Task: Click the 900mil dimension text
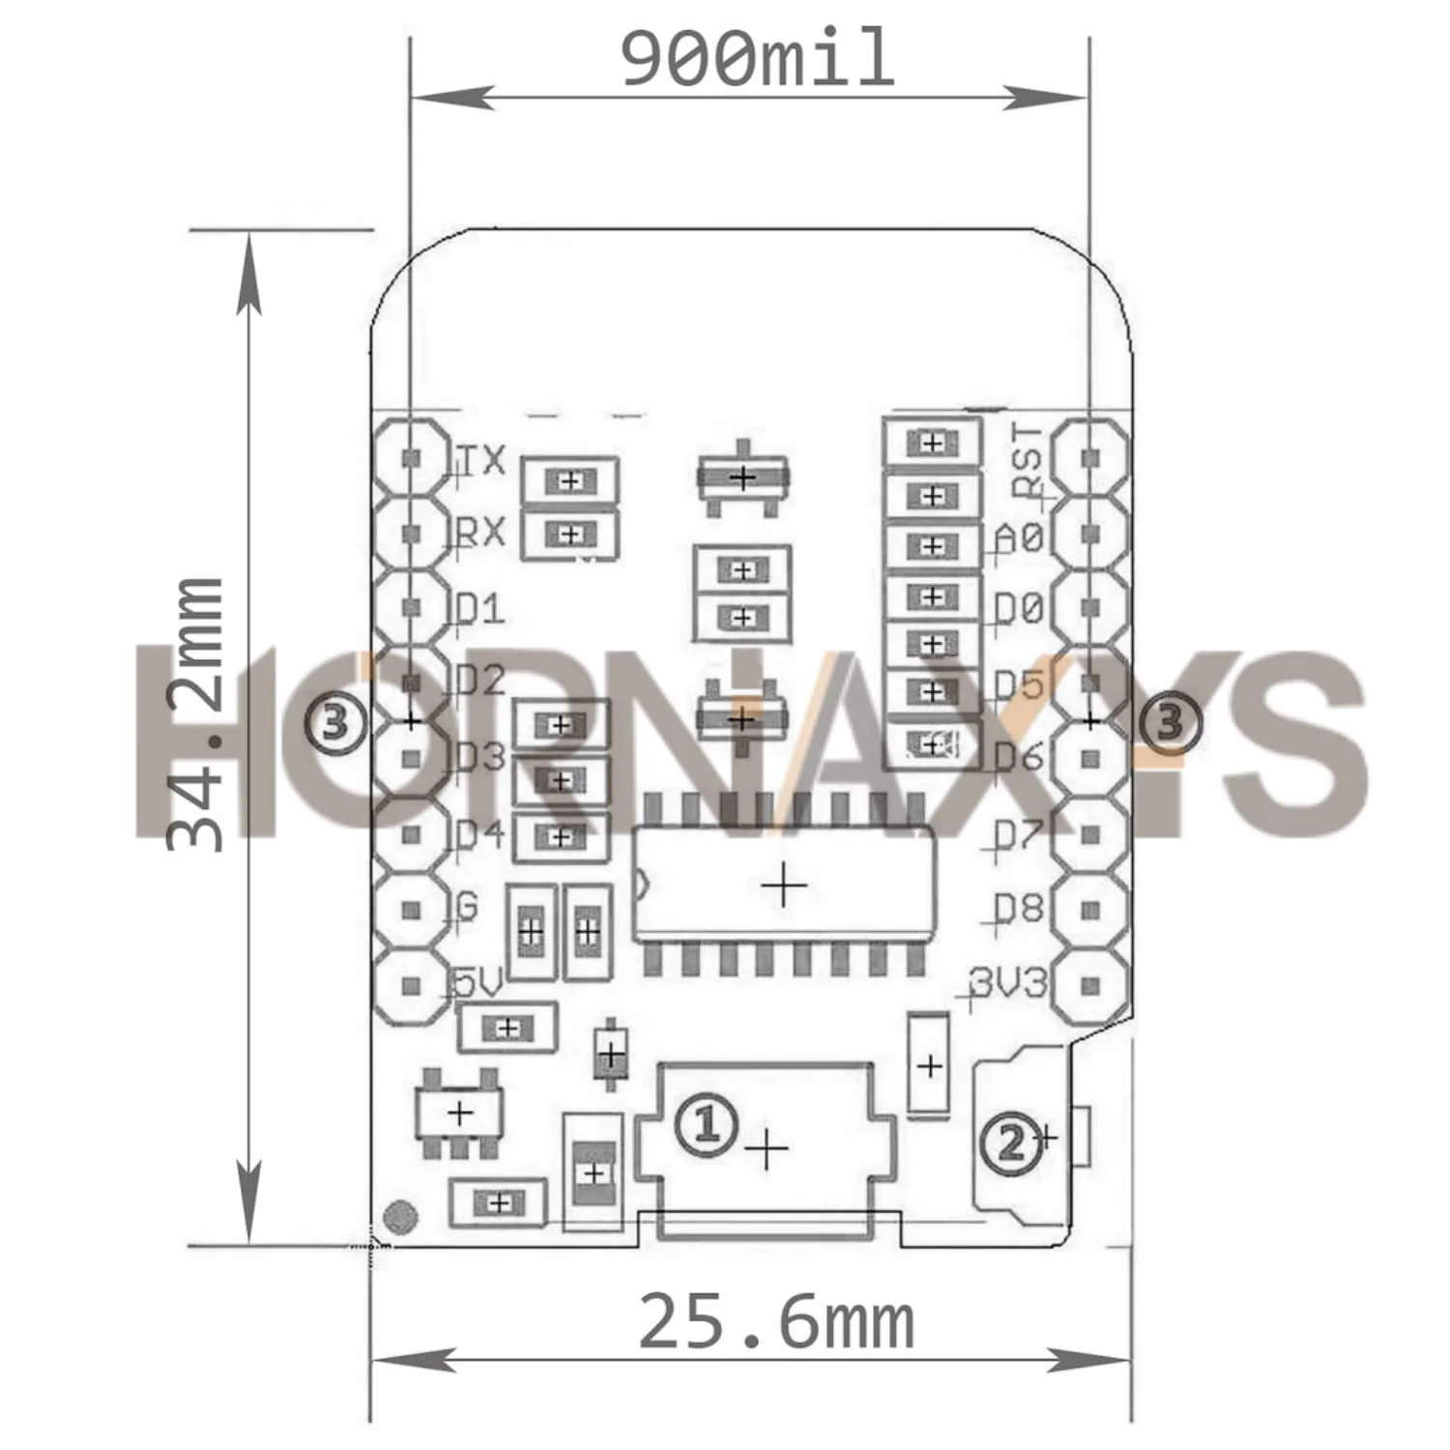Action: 757,60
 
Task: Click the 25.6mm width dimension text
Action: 776,1322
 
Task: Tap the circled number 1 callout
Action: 707,1124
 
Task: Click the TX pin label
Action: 480,459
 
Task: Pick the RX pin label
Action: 480,532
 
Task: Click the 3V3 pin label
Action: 1009,984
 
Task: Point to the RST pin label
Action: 1027,460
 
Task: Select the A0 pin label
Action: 1019,536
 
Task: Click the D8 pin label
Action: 1019,909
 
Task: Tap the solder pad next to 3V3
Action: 1090,985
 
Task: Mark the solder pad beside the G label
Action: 412,910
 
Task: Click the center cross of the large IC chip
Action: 784,884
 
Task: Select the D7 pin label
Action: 1019,834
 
